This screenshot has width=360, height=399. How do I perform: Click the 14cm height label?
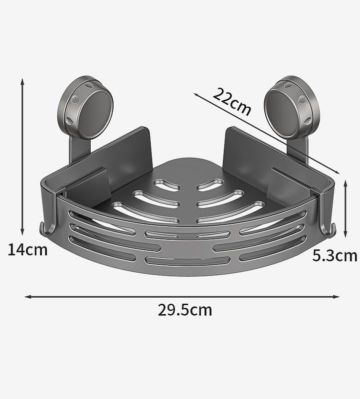[27, 249]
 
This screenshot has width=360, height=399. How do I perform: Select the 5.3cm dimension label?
[335, 256]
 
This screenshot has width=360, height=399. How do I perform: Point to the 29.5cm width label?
[185, 310]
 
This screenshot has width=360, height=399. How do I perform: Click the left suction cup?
[85, 108]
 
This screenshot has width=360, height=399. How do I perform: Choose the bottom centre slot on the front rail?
[187, 260]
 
